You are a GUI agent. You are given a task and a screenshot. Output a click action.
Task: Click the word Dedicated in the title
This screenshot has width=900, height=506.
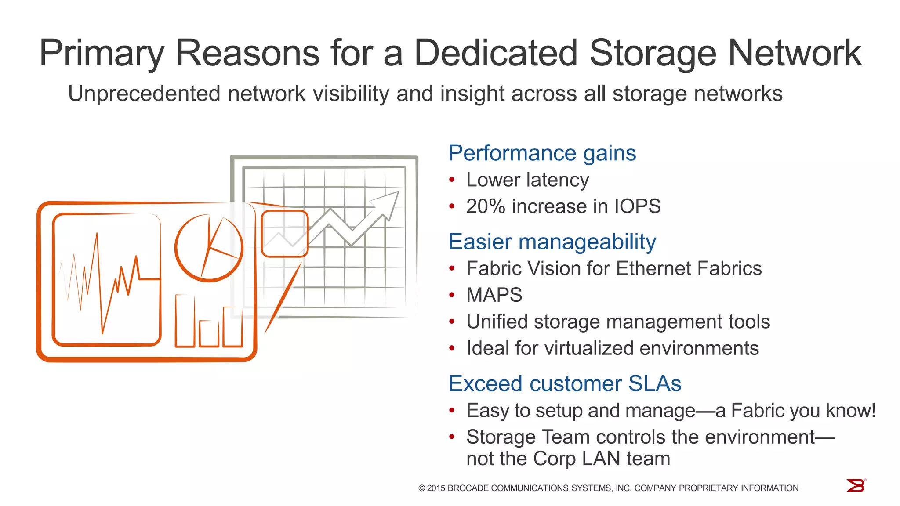click(496, 53)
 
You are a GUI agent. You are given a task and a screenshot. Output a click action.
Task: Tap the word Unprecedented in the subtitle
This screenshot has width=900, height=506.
click(144, 94)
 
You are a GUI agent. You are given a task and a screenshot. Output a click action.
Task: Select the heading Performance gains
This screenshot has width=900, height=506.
click(542, 153)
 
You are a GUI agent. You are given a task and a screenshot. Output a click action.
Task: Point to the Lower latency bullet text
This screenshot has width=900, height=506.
click(527, 180)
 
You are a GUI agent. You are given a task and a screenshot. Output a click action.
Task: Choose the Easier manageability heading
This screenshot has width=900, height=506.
click(552, 242)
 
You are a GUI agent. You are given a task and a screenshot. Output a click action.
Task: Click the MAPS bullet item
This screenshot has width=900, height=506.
click(494, 295)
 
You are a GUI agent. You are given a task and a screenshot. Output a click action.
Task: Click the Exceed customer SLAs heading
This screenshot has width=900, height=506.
click(565, 384)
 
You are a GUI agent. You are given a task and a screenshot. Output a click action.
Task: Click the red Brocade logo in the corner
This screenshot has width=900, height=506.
click(856, 485)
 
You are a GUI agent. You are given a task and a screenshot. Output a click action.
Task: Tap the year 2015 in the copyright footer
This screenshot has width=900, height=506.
click(436, 488)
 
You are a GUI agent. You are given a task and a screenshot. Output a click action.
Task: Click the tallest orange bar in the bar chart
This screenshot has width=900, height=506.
click(185, 321)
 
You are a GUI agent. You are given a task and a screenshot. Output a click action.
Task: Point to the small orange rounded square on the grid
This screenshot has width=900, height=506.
click(285, 234)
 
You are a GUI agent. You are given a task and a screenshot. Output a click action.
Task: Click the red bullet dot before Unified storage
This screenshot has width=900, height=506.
click(452, 322)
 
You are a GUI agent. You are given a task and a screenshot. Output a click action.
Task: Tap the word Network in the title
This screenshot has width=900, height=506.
click(795, 53)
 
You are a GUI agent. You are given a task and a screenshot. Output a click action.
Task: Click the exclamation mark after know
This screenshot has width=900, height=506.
click(873, 410)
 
